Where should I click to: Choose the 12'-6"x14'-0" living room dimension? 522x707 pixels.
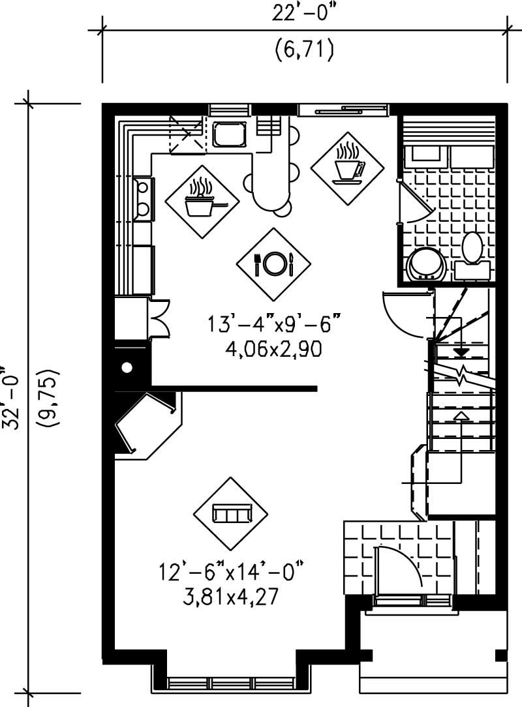(x=231, y=572)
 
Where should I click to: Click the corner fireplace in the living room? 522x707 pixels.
(x=145, y=423)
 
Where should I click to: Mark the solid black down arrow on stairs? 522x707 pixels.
(x=461, y=352)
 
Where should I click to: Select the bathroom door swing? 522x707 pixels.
(x=415, y=203)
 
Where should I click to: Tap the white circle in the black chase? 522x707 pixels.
(x=127, y=368)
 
